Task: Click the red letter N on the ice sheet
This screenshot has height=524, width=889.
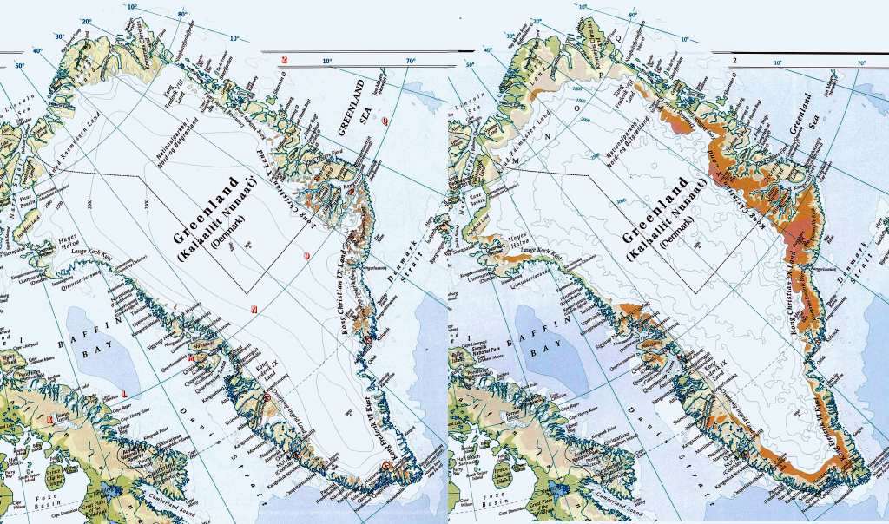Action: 254,309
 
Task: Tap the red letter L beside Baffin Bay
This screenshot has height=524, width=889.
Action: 126,388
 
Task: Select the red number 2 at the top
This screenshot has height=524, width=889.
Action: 284,59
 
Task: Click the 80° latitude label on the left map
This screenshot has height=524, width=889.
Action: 182,16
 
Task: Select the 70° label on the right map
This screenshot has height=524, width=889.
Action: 860,62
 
